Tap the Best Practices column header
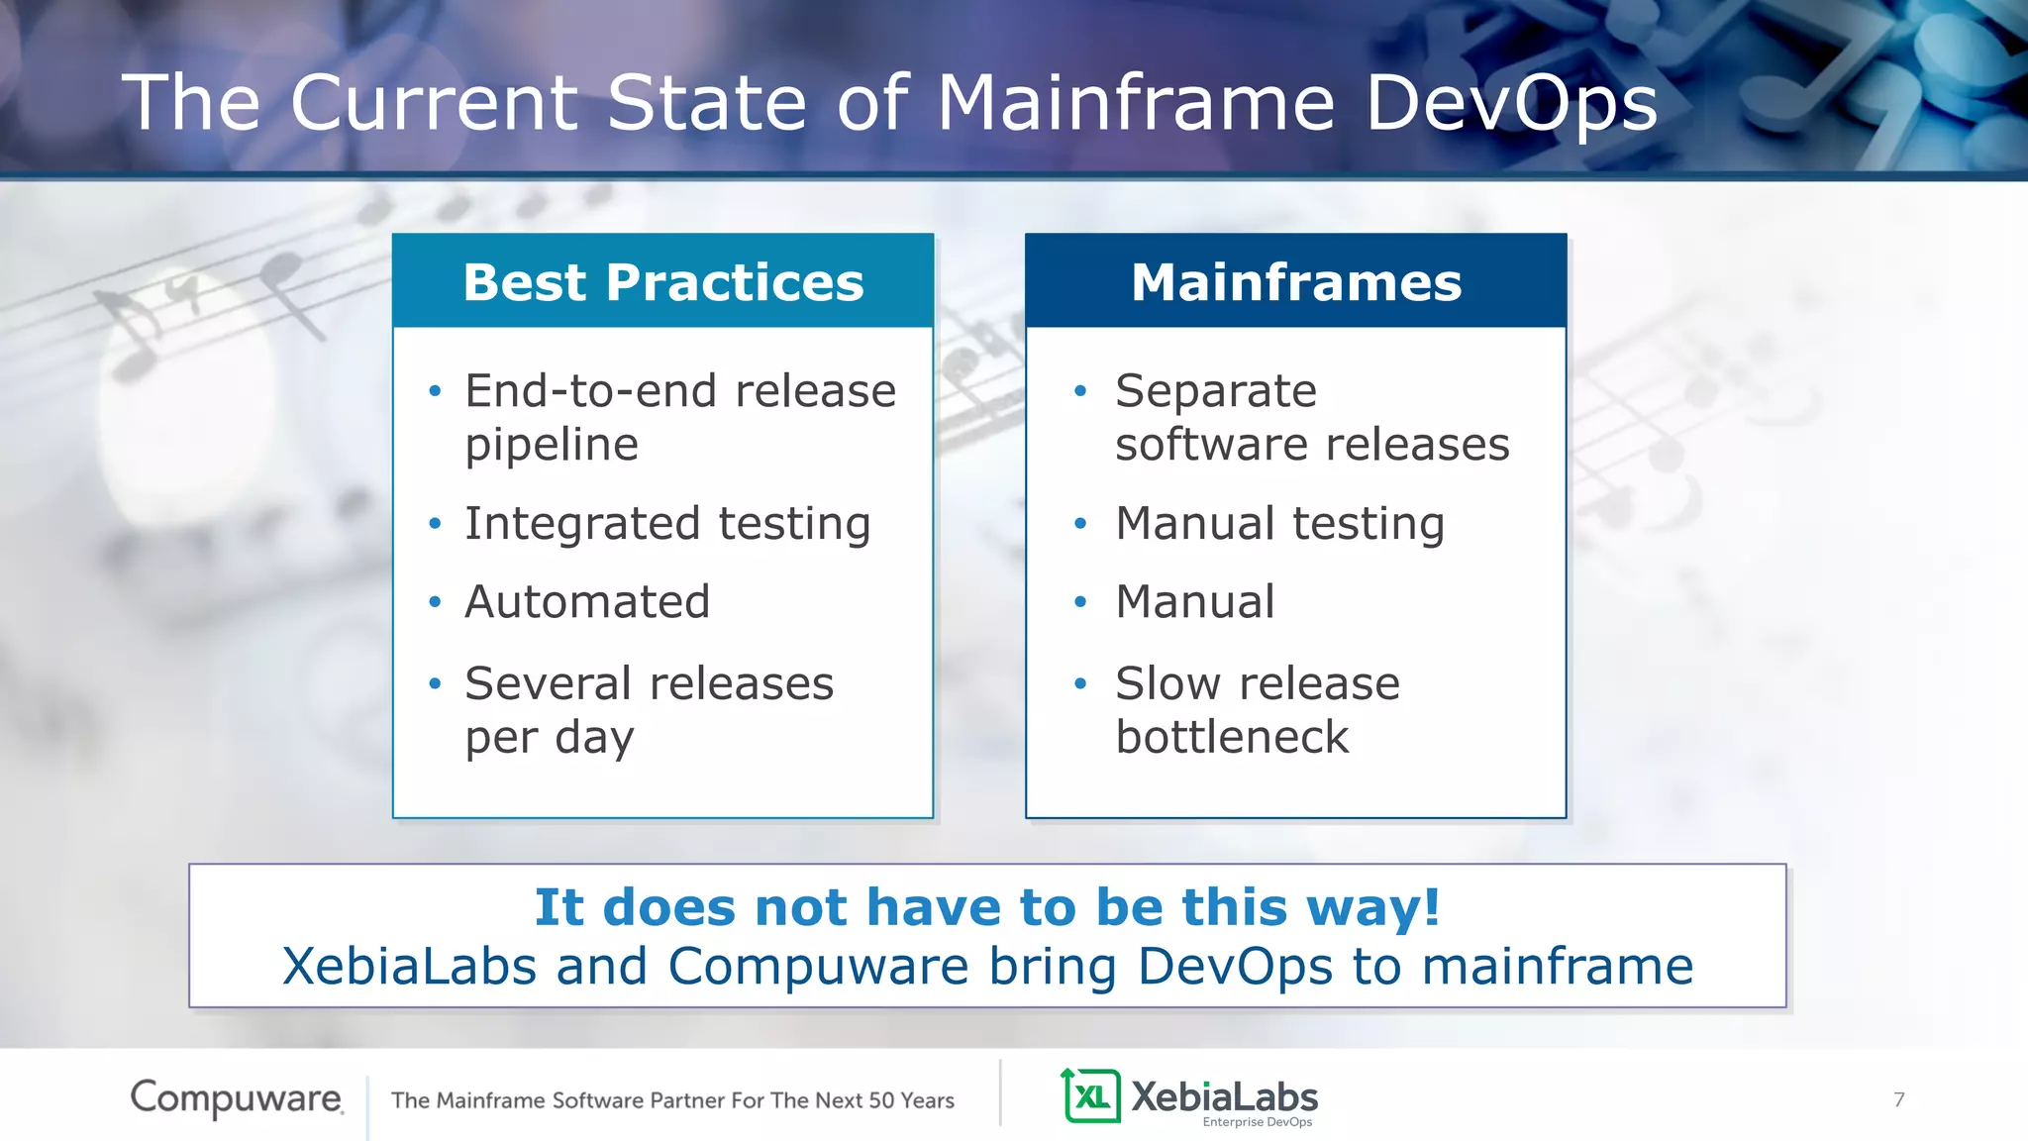coord(662,281)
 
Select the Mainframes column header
coord(1295,281)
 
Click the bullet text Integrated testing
coord(667,523)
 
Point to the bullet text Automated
coord(587,601)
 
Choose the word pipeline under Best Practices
coord(552,444)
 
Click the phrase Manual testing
coord(1279,523)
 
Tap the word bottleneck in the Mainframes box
coord(1232,737)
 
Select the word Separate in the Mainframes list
coord(1215,390)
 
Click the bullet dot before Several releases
coord(435,683)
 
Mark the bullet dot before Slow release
coord(1080,683)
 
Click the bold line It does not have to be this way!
coord(987,906)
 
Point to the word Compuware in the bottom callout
coord(818,966)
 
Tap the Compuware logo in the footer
coord(237,1097)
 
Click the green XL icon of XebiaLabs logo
coord(1091,1095)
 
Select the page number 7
coord(1898,1099)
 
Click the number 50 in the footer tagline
coord(881,1100)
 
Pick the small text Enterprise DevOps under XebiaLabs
coord(1257,1122)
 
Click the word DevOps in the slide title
coord(1511,102)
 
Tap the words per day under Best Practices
coord(550,737)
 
